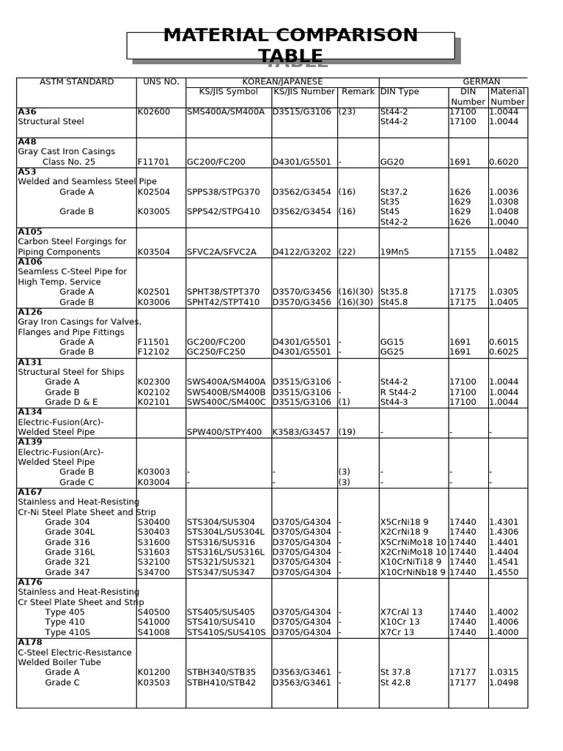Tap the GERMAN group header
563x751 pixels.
481,81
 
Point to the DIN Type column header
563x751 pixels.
400,92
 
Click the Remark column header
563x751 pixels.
357,92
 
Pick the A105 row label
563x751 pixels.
30,231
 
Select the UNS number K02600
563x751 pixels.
153,111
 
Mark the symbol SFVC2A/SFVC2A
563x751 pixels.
221,252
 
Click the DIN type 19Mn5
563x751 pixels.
394,252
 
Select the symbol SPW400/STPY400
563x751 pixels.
224,432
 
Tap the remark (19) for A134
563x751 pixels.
347,432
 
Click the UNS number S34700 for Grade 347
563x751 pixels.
153,572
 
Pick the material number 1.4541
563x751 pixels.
504,562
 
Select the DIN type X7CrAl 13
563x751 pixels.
401,612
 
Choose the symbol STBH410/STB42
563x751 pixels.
221,682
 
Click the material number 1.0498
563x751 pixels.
504,682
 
